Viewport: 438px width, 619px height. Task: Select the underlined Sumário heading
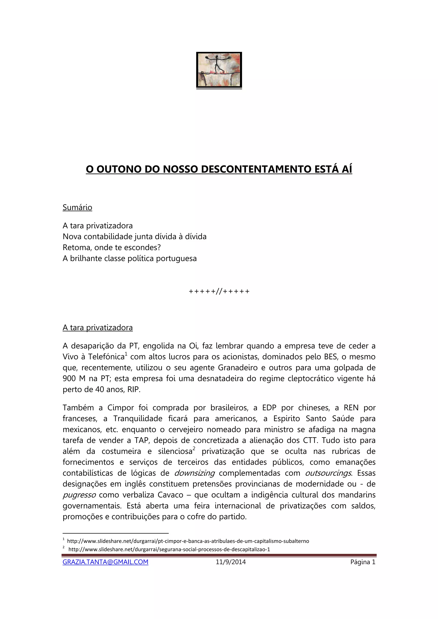(x=77, y=207)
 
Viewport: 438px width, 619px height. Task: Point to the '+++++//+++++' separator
(x=219, y=291)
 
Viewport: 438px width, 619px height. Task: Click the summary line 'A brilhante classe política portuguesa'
(x=130, y=258)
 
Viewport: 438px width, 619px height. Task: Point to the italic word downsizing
(x=194, y=473)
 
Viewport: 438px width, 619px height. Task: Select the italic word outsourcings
(x=328, y=473)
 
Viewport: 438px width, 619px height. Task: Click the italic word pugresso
(x=79, y=495)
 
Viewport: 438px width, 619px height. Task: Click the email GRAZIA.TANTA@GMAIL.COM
(x=105, y=562)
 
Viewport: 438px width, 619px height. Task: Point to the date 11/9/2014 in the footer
(x=231, y=562)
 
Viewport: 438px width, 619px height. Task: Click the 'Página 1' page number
(x=363, y=562)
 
